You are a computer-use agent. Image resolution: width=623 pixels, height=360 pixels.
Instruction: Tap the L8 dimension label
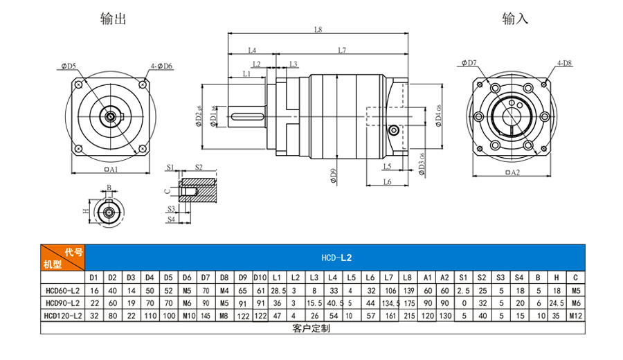(318, 30)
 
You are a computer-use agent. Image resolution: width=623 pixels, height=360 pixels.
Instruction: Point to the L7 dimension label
(342, 51)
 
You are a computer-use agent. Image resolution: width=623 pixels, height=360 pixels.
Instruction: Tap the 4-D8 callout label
(563, 64)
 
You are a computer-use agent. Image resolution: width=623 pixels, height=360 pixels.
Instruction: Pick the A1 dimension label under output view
(111, 169)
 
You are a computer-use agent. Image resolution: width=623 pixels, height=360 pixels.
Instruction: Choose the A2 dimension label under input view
(512, 172)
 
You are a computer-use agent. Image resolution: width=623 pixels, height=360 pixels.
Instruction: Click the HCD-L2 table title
(337, 258)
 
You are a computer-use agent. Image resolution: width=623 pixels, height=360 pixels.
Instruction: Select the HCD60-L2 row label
(62, 290)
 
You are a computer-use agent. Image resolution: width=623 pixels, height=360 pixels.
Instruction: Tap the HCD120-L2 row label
(62, 315)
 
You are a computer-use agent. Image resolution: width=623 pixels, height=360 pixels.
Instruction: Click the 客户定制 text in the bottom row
(311, 327)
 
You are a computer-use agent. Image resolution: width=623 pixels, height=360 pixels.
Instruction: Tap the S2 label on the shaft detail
(199, 168)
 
